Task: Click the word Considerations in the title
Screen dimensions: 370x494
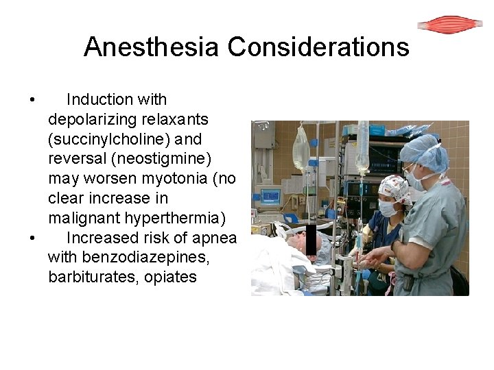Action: [x=318, y=47]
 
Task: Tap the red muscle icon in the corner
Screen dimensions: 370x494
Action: [x=450, y=25]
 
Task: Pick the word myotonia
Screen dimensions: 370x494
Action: [x=169, y=179]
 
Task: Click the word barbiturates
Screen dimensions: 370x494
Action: [x=91, y=277]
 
